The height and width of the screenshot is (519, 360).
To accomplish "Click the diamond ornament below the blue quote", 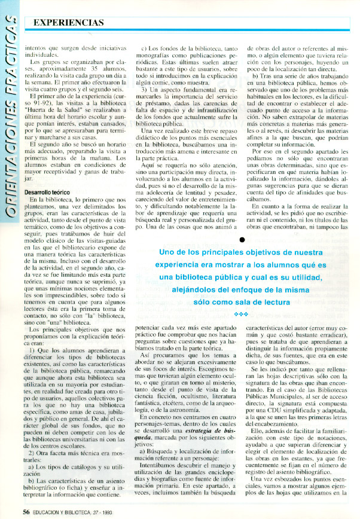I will click(x=241, y=314).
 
